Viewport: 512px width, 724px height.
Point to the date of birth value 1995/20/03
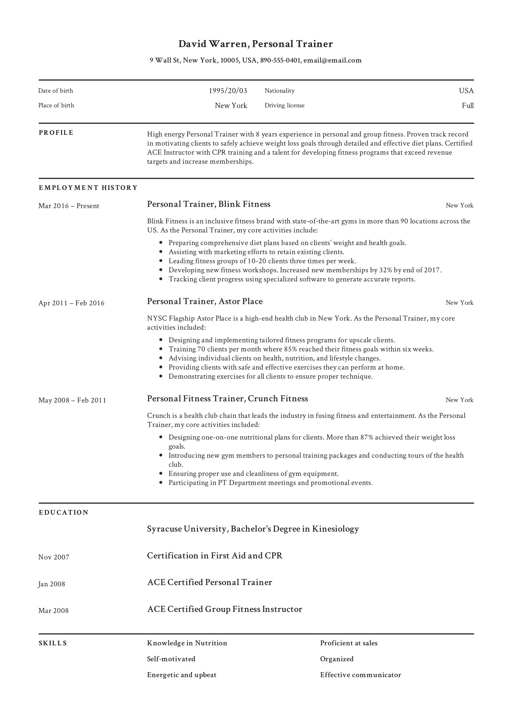pyautogui.click(x=228, y=91)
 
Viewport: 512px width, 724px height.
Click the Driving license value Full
pyautogui.click(x=468, y=106)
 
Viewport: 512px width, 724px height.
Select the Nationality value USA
pyautogui.click(x=466, y=91)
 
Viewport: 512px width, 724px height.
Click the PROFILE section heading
pyautogui.click(x=56, y=133)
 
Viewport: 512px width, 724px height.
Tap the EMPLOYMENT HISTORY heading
pyautogui.click(x=88, y=188)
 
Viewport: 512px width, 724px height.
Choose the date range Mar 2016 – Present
pyautogui.click(x=69, y=206)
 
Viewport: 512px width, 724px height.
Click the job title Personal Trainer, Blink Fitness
pyautogui.click(x=209, y=204)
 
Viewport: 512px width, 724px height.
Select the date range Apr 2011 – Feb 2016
pyautogui.click(x=71, y=303)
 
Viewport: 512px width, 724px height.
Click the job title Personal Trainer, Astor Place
pyautogui.click(x=205, y=301)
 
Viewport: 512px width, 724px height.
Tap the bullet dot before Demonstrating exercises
pyautogui.click(x=161, y=377)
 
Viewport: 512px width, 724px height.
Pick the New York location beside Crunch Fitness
pyautogui.click(x=459, y=400)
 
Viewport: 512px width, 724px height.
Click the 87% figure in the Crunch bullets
pyautogui.click(x=367, y=437)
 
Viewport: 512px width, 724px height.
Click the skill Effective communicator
pyautogui.click(x=361, y=675)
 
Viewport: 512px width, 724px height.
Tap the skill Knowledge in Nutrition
pyautogui.click(x=187, y=643)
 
